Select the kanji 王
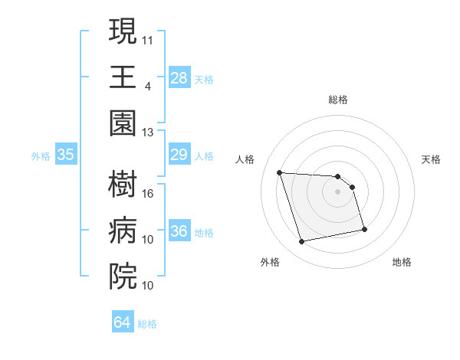(123, 77)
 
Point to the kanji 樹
(123, 183)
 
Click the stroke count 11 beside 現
(148, 38)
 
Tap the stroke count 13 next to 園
(148, 133)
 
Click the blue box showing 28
(179, 77)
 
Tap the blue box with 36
(179, 232)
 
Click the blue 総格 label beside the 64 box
(148, 324)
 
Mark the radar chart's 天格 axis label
(431, 159)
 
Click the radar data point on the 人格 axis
(280, 172)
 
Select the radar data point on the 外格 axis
(302, 242)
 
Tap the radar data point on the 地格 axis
(364, 229)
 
